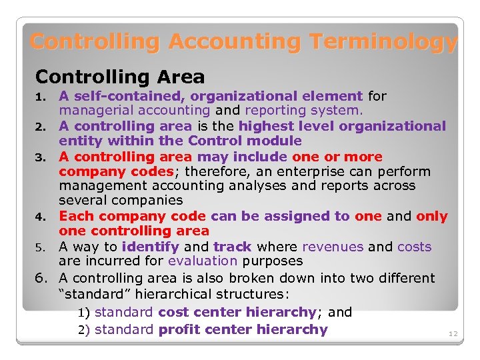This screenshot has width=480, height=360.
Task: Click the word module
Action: tap(274, 141)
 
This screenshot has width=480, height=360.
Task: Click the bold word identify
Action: tap(151, 247)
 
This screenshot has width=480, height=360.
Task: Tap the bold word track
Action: tap(232, 247)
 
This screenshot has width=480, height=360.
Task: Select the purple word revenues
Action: tap(333, 247)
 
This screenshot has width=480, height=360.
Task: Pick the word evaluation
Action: tap(203, 261)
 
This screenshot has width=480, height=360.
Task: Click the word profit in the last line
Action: tap(179, 329)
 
